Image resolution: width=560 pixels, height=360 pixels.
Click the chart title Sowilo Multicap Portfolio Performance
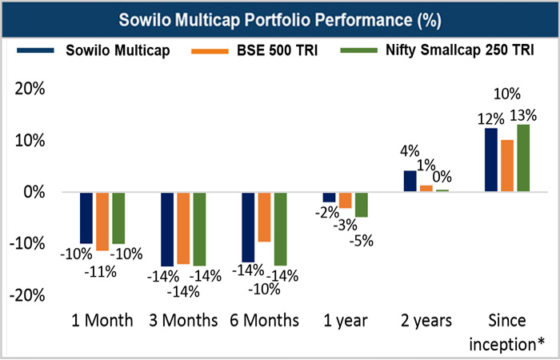click(x=279, y=18)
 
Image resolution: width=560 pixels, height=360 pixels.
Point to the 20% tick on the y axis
click(x=30, y=89)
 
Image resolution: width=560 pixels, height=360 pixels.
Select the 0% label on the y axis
click(x=34, y=192)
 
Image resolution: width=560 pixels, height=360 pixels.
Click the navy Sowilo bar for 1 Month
click(x=86, y=218)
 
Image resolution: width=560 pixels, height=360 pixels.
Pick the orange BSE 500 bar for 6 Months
click(x=264, y=217)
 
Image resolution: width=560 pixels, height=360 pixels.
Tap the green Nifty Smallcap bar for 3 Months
click(x=199, y=229)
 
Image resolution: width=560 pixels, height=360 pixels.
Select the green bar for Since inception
click(x=524, y=158)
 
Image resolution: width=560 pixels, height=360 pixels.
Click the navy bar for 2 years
click(x=410, y=182)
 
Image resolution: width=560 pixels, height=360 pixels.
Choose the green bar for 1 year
click(x=362, y=205)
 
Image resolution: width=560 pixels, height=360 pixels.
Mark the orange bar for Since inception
click(x=507, y=166)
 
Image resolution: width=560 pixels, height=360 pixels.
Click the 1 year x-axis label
click(x=346, y=321)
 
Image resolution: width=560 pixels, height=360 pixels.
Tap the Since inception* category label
click(x=507, y=331)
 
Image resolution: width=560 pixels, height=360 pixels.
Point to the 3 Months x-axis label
click(x=183, y=321)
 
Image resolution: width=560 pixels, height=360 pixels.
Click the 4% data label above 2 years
click(x=410, y=150)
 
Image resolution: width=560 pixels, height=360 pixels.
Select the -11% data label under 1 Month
click(x=102, y=271)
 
